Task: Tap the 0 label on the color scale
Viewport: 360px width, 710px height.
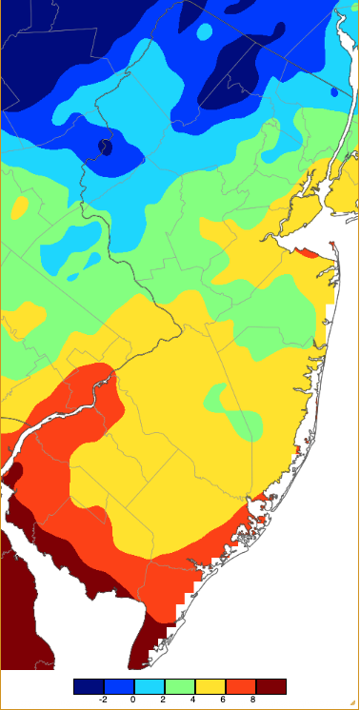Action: [133, 699]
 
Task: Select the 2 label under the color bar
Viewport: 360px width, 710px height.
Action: [164, 699]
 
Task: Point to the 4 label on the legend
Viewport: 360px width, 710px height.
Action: [194, 699]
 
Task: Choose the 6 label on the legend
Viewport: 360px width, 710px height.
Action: [225, 699]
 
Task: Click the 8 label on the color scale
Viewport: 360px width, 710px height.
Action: [255, 699]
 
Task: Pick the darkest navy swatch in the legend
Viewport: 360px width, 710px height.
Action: [89, 685]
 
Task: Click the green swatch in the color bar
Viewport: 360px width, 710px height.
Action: [180, 685]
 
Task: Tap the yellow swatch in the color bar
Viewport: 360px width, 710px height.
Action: [210, 685]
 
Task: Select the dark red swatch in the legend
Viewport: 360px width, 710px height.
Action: [271, 685]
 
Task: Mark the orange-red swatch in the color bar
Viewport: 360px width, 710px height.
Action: [241, 685]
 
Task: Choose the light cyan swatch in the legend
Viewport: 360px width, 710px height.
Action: [150, 685]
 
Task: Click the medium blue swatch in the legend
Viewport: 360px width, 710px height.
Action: [119, 685]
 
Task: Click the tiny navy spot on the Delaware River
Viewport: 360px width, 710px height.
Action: [105, 147]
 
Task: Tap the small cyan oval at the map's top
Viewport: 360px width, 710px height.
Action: [204, 31]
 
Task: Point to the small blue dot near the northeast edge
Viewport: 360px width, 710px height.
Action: [334, 92]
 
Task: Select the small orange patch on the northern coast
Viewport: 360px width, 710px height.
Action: [307, 252]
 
